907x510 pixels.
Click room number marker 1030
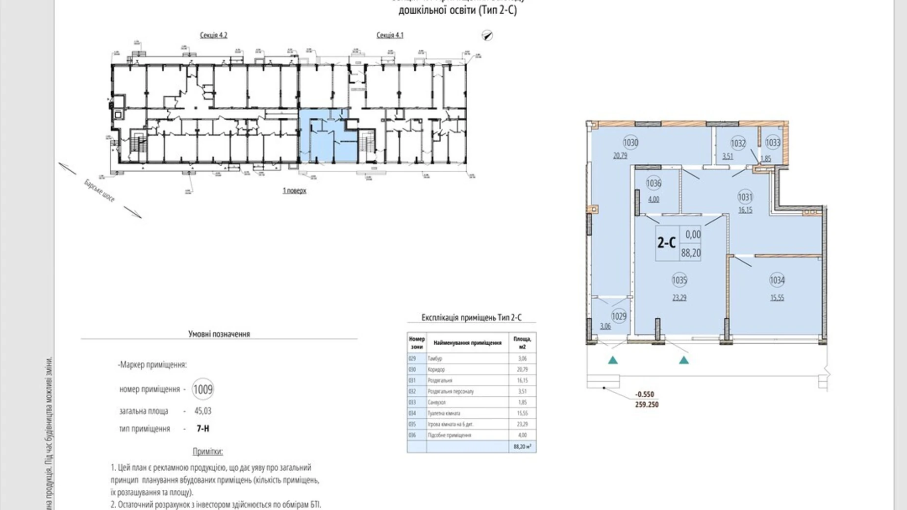click(630, 143)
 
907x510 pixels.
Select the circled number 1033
click(773, 143)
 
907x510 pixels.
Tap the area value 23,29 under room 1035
click(679, 297)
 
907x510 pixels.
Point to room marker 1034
click(777, 280)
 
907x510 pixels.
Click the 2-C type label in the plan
click(666, 242)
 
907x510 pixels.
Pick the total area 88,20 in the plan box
click(691, 253)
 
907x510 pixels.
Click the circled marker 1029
click(619, 316)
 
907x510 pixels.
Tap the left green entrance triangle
click(613, 360)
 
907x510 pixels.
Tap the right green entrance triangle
click(684, 360)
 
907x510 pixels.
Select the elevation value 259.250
click(647, 405)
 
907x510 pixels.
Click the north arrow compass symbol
click(487, 35)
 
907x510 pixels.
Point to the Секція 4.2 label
click(213, 35)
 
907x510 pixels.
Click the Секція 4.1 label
click(390, 35)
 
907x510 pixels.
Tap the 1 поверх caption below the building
click(294, 190)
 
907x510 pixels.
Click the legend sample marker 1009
click(203, 389)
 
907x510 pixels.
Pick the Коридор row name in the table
click(436, 370)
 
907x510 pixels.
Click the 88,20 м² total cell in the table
click(522, 447)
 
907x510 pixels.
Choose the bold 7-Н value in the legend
click(203, 429)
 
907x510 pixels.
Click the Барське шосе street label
click(100, 191)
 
